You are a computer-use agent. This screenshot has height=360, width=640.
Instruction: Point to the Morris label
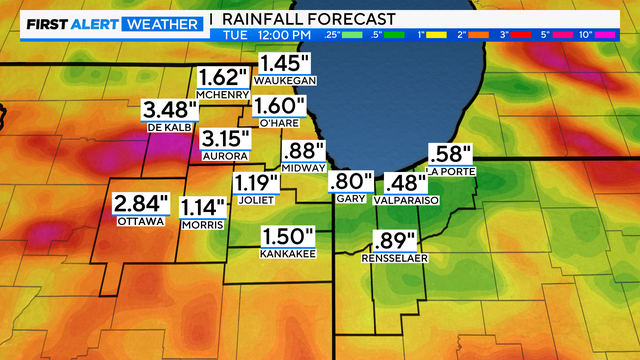(202, 224)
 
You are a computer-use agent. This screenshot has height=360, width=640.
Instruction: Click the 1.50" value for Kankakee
(288, 237)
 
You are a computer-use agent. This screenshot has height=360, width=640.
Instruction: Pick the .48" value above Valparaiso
(405, 184)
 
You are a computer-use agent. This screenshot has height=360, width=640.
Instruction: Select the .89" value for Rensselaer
(395, 240)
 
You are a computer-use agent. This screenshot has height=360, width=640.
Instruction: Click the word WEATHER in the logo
(161, 20)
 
